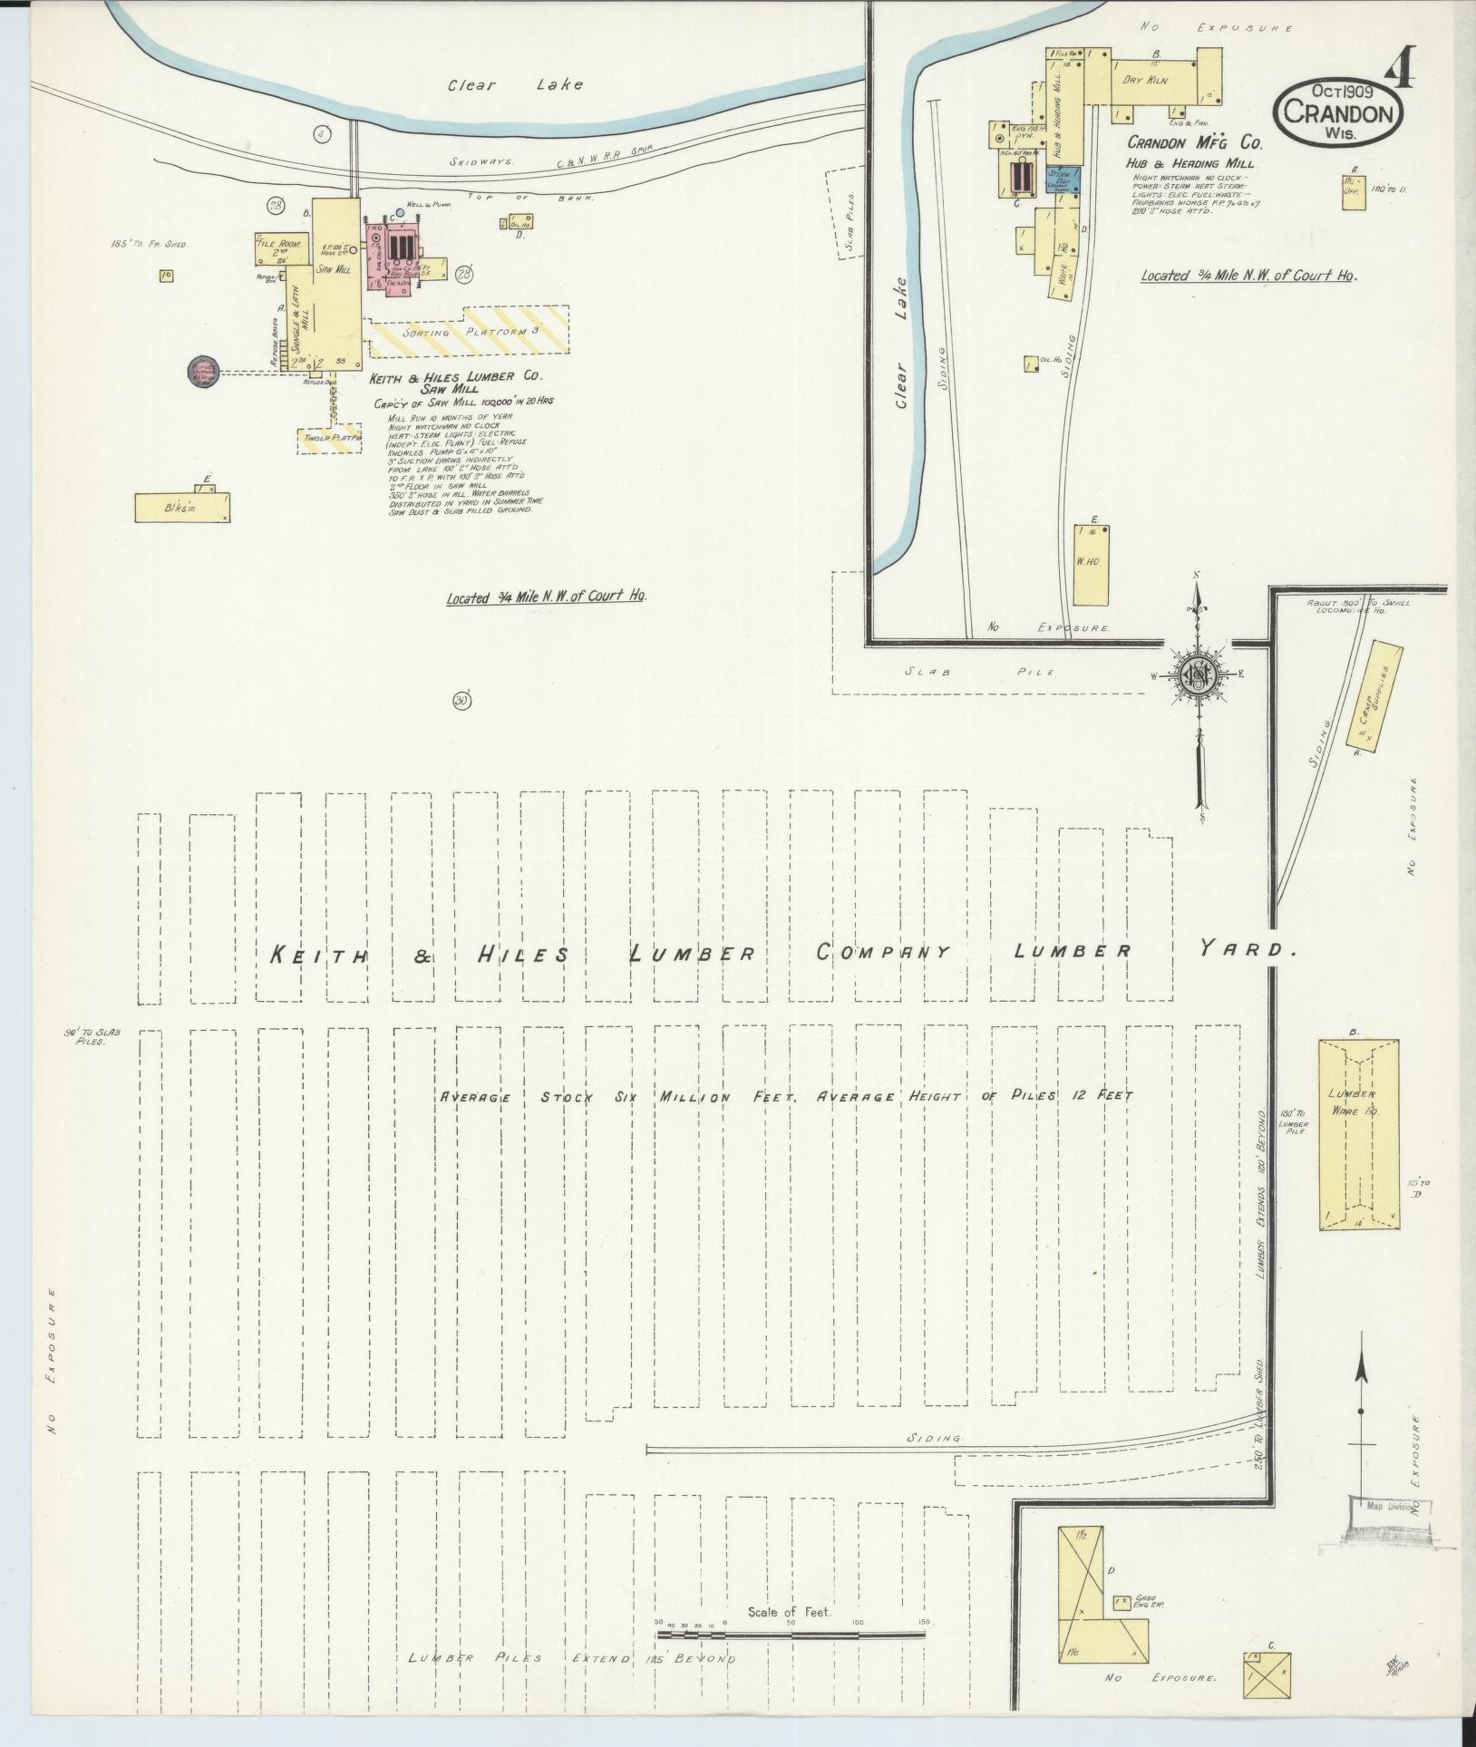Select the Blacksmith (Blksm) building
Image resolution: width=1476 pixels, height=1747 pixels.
181,508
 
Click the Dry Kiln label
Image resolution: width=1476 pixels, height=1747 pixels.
1144,81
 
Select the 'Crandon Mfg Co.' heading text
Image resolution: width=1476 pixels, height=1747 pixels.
1194,143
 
